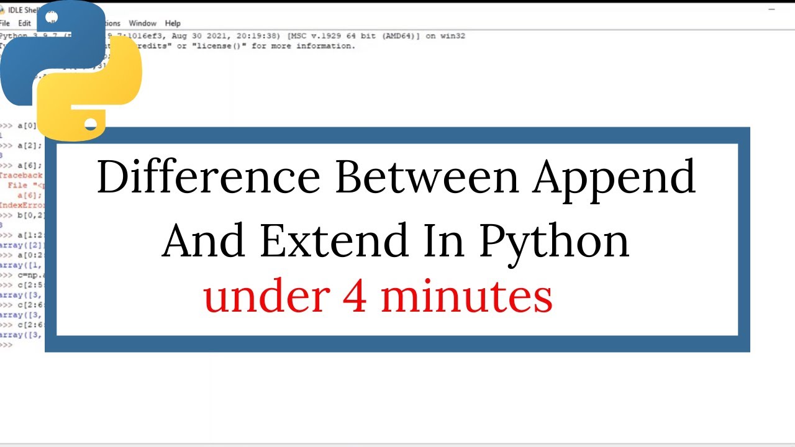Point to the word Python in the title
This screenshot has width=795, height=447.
[x=554, y=242]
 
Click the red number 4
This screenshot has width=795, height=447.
[x=354, y=296]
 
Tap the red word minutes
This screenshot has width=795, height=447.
[x=466, y=296]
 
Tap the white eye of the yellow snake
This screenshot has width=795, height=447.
[x=91, y=124]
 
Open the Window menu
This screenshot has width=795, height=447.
[x=142, y=24]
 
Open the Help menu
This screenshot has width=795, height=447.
[x=173, y=24]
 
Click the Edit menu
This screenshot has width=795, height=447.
[x=24, y=24]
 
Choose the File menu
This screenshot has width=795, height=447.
[x=5, y=24]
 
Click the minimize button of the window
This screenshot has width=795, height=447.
[x=772, y=10]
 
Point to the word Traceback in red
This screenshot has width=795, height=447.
[x=22, y=176]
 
